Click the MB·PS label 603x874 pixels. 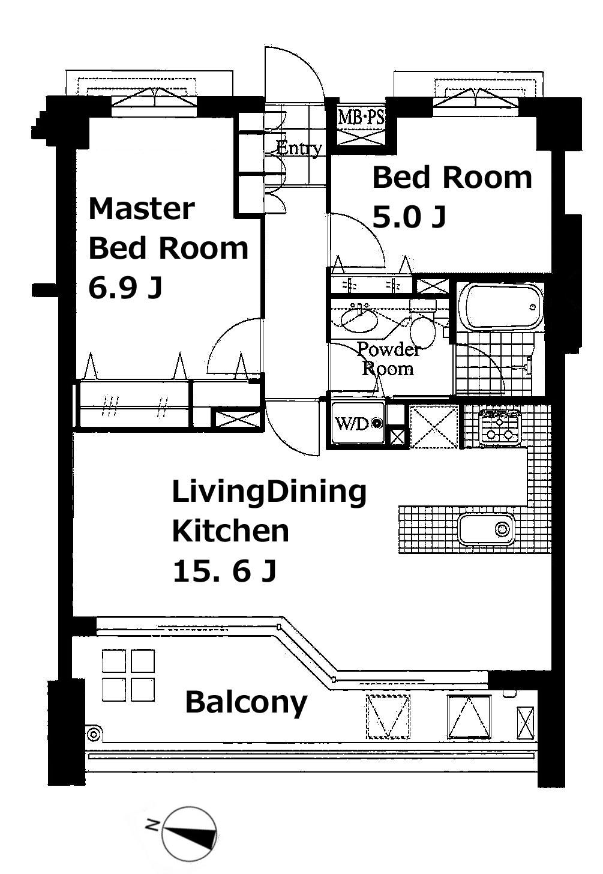[361, 117]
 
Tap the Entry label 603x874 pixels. [299, 148]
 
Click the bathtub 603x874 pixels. [500, 307]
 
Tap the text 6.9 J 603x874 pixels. [125, 288]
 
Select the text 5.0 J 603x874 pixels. [409, 217]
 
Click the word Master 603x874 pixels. [142, 209]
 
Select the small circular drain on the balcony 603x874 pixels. [94, 735]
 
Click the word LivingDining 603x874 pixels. [269, 493]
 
